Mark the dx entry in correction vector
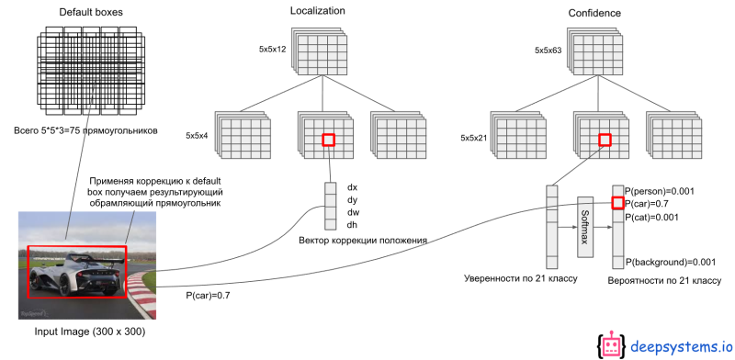click(x=352, y=187)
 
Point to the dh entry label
click(x=352, y=224)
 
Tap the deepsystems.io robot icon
click(x=613, y=344)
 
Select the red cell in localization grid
click(x=328, y=140)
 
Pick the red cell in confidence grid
click(x=605, y=140)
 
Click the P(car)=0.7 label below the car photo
click(x=209, y=296)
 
